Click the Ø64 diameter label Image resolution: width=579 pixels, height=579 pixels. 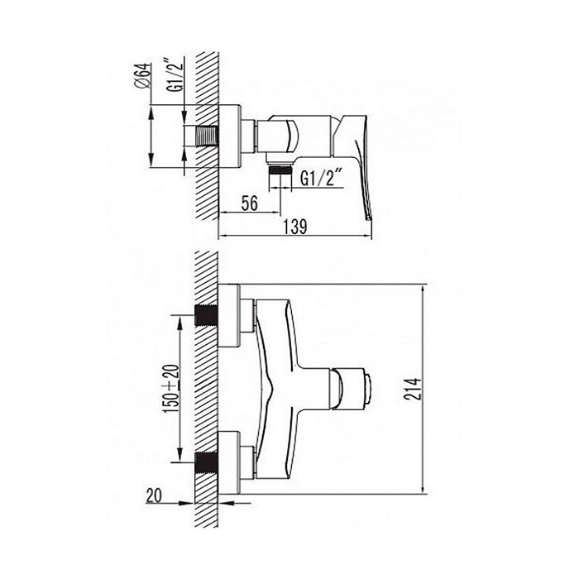click(142, 76)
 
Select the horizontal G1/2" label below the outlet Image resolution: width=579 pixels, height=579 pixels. click(320, 179)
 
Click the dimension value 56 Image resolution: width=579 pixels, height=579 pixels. click(249, 203)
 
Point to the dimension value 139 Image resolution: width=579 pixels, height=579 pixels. click(295, 227)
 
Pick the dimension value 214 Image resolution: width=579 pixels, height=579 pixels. click(413, 389)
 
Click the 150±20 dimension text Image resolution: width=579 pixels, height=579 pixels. click(172, 389)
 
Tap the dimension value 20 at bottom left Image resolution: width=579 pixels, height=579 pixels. click(154, 495)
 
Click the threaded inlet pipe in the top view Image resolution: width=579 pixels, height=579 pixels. click(207, 136)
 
